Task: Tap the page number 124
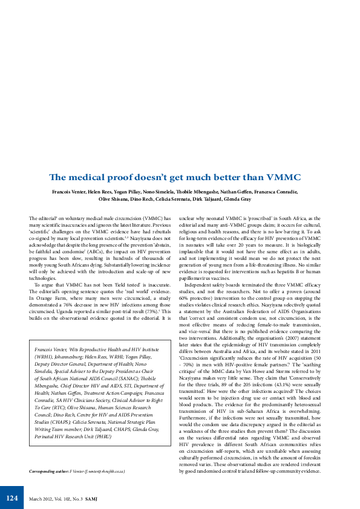(x=12, y=498)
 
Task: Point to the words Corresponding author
(x=50, y=470)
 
